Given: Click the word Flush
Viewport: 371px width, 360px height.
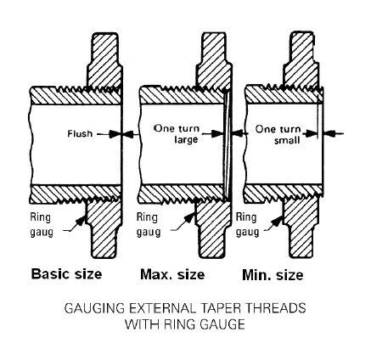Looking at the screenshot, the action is coord(80,133).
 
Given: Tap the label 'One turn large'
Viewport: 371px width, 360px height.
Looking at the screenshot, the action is coord(177,134).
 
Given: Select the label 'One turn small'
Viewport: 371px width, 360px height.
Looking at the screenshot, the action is coord(278,134).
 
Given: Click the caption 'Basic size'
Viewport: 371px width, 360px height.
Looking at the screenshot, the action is coord(66,274).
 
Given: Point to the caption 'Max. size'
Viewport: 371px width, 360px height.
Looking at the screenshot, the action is coord(172,274).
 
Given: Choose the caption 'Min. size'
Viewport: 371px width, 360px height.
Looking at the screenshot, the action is coord(273,275).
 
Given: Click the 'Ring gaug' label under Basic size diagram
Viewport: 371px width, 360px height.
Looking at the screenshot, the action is coord(42,225).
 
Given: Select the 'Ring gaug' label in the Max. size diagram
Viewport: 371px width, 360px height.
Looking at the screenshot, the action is coord(149,225).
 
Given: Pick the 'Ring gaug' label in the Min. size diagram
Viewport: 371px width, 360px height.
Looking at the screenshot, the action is coord(247,225).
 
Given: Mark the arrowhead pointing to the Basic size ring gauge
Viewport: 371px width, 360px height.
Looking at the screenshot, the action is coord(82,220).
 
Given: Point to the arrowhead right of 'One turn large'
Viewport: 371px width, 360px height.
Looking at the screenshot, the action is coord(217,134).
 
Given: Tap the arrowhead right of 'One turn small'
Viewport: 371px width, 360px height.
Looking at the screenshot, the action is coord(311,133).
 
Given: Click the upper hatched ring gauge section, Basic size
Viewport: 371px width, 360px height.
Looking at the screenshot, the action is coord(104,60).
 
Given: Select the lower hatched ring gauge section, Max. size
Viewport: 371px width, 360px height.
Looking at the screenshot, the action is coord(213,228).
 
